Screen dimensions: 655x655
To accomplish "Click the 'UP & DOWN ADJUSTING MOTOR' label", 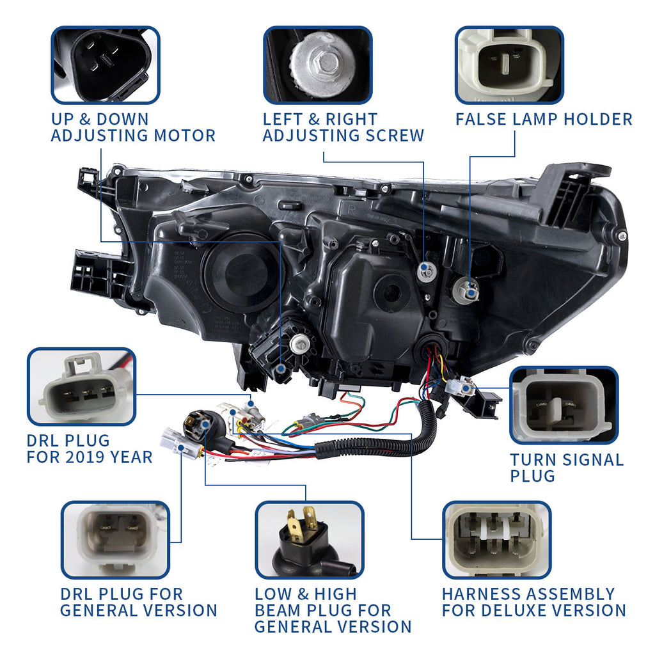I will pos(132,127).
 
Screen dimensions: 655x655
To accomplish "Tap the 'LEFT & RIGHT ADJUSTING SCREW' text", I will pos(343,127).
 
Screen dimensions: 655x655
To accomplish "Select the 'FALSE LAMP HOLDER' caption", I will pos(544,119).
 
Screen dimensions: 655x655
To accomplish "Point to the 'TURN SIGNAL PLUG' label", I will pos(566,468).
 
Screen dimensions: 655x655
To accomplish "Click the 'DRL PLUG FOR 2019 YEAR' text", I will pos(90,449).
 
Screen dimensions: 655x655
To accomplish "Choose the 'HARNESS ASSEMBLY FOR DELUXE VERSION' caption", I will pos(533,602).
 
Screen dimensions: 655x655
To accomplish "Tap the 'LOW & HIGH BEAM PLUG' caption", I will pos(333,610).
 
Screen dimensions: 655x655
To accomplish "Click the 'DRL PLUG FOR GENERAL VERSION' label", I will pos(138,602).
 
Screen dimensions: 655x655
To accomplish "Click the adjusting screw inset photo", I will pos(318,65).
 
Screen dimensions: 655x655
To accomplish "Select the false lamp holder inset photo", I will pos(509,65).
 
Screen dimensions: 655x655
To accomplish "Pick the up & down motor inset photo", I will pos(106,65).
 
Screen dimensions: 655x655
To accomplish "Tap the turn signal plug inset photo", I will pos(564,406).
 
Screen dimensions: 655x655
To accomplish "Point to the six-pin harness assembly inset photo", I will pos(496,540).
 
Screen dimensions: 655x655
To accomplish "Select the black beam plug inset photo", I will pos(309,540).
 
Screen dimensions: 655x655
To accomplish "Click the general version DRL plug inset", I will pos(115,540).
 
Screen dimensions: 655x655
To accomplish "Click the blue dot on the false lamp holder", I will pos(471,293).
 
